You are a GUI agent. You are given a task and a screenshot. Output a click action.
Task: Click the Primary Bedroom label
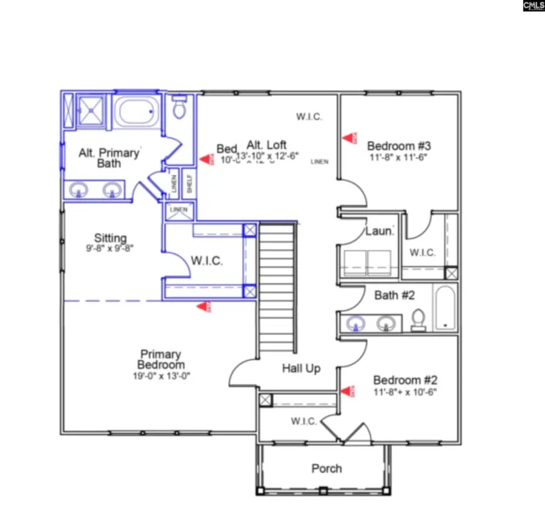pos(160,359)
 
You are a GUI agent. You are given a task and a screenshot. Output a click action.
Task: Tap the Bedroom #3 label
pos(398,146)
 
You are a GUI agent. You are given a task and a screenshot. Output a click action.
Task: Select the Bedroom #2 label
pos(405,380)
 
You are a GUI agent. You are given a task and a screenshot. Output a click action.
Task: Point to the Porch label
pos(326,468)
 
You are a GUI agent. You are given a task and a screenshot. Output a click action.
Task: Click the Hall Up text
pos(301,368)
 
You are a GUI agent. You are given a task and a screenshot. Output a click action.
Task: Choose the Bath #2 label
pos(394,295)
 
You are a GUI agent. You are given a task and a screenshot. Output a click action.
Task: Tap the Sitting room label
pos(110,238)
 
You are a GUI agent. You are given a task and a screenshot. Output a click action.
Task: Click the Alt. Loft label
pos(266,145)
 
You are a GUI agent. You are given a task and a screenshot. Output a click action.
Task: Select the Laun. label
pos(380,231)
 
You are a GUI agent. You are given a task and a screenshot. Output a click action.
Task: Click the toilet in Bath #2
pos(418,319)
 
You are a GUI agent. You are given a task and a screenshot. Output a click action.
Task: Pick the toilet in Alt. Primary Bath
pos(179,107)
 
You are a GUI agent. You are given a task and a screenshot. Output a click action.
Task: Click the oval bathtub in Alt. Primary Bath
pos(137,111)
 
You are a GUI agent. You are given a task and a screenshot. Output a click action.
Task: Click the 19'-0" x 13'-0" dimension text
pos(160,376)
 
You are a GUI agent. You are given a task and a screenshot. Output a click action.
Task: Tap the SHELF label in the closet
pos(189,184)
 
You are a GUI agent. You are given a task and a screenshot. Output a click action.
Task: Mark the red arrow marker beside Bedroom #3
pos(349,138)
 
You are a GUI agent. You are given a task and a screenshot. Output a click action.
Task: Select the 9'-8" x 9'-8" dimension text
pos(110,248)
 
